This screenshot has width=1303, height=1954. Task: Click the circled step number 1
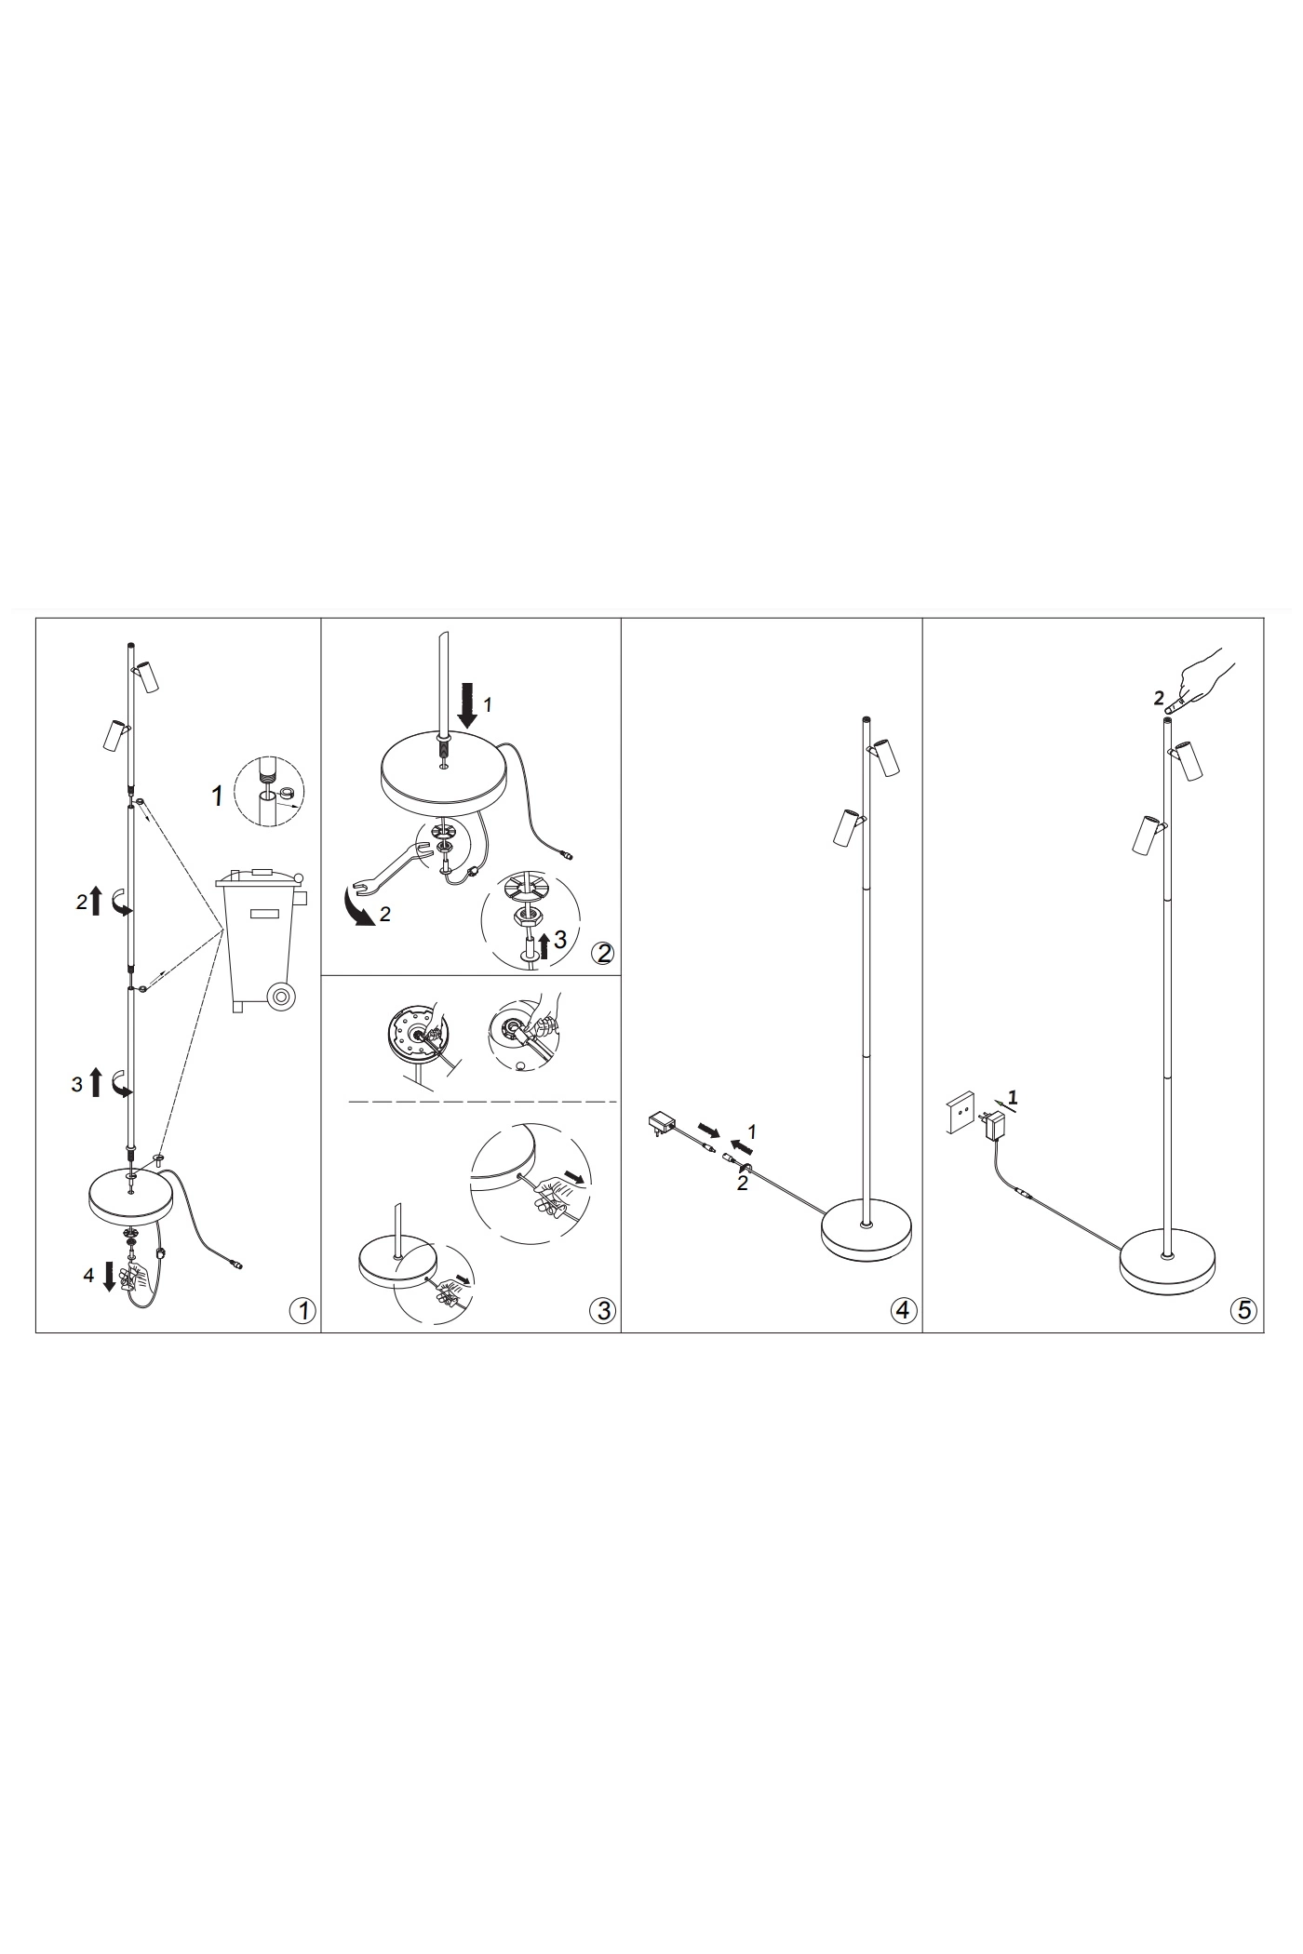[x=302, y=1311]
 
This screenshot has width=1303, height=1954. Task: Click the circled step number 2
[x=603, y=954]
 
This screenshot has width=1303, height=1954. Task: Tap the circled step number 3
[x=603, y=1311]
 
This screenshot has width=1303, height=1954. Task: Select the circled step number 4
[x=903, y=1311]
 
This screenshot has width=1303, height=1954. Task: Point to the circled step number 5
[x=1243, y=1311]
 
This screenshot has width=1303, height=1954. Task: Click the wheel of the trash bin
[x=280, y=997]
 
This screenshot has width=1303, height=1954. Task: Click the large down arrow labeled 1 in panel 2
[x=469, y=706]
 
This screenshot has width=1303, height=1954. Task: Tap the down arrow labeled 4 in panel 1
[x=109, y=1276]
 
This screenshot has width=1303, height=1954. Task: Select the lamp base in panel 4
[x=867, y=1233]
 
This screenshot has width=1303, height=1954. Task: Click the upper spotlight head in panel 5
[x=1188, y=758]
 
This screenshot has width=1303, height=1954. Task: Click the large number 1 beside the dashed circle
[x=218, y=796]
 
